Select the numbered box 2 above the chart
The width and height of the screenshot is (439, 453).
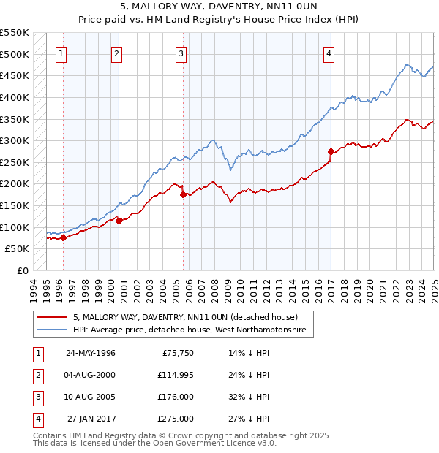click(117, 53)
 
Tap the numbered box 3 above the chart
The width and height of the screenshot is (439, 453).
click(181, 53)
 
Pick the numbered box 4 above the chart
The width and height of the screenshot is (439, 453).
click(329, 53)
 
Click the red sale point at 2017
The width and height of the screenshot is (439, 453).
click(331, 152)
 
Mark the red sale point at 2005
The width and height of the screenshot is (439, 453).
click(183, 194)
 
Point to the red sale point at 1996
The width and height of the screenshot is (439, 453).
click(64, 237)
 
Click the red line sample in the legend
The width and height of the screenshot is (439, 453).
click(51, 318)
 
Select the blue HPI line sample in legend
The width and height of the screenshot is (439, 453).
click(51, 330)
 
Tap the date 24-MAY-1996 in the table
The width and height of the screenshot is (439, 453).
click(91, 354)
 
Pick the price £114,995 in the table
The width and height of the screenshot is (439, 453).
click(176, 376)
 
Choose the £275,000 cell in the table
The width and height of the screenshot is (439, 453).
click(176, 419)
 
